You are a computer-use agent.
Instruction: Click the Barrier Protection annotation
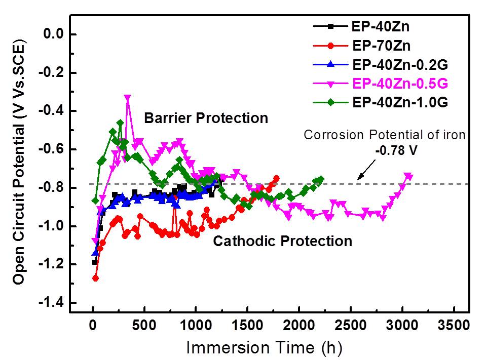[206, 118]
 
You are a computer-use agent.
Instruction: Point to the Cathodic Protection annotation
[282, 241]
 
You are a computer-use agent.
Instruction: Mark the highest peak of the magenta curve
[127, 98]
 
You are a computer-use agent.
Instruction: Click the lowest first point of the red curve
[95, 278]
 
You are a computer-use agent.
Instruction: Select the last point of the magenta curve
[408, 177]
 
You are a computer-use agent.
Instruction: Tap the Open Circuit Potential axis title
[20, 164]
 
